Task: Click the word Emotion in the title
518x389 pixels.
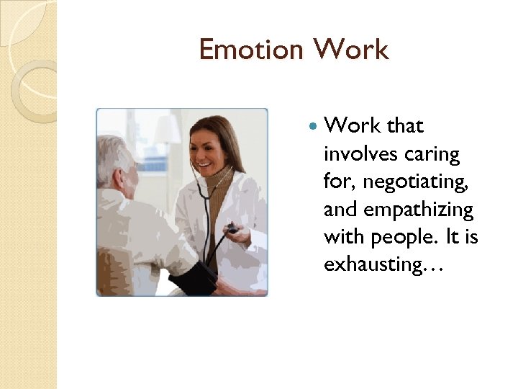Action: (x=251, y=50)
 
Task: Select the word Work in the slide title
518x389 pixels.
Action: (x=350, y=50)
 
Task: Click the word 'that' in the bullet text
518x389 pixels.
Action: (x=405, y=126)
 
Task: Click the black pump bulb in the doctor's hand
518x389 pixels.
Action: (x=232, y=230)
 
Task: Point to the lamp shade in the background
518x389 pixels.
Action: (x=168, y=130)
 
